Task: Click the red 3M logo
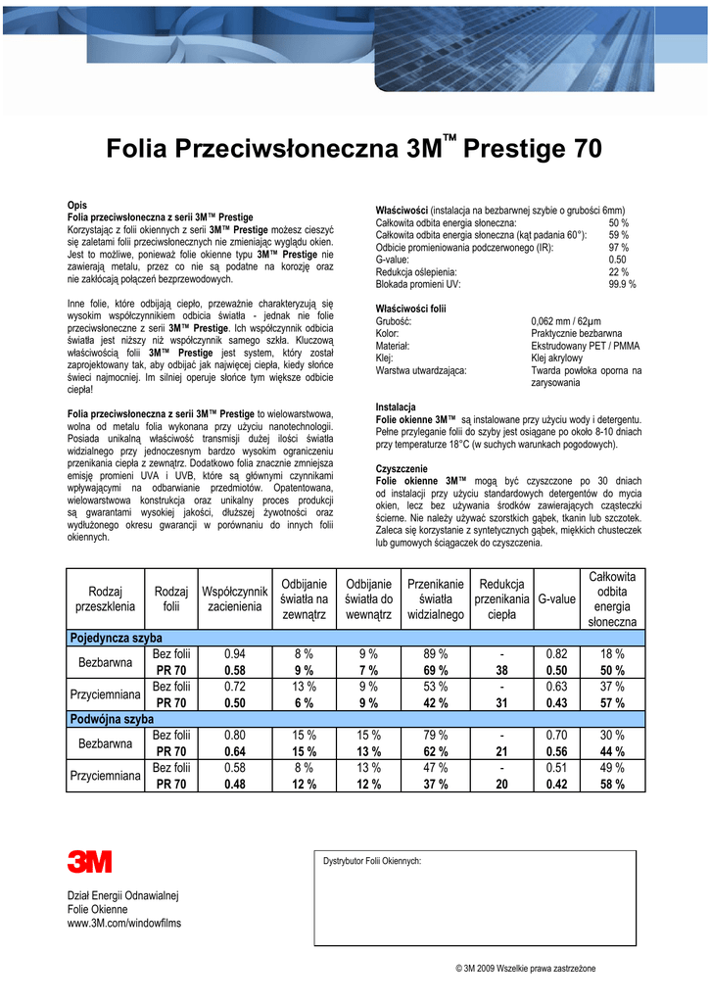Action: point(89,862)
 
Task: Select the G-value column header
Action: point(556,598)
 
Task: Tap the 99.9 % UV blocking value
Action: point(622,284)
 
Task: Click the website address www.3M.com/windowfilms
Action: point(123,924)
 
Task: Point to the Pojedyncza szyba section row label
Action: point(115,638)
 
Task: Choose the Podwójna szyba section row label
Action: point(111,719)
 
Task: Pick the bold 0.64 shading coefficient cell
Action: point(234,751)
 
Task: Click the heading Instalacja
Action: point(396,406)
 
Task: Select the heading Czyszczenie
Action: point(401,468)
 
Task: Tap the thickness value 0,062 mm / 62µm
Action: point(566,321)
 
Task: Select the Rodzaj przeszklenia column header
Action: point(105,598)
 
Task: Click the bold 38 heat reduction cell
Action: point(501,670)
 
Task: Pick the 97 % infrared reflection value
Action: point(619,248)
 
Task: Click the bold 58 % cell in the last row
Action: point(612,785)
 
